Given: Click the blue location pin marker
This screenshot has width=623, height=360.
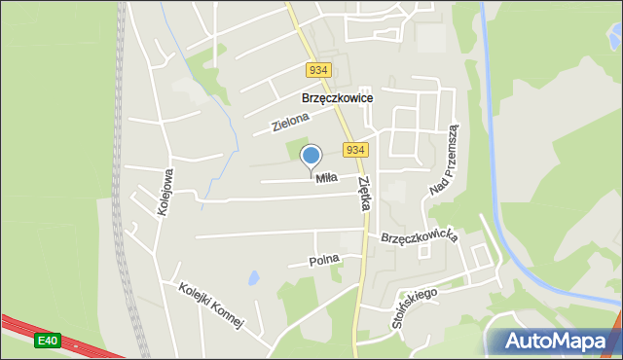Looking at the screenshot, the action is [311, 157].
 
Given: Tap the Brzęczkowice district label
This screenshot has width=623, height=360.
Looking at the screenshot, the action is [338, 98].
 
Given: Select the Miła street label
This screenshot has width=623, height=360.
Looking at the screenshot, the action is [325, 177].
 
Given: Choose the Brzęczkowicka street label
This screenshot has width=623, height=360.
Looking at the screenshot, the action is [419, 236].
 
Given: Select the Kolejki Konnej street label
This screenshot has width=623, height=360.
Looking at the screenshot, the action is [209, 306].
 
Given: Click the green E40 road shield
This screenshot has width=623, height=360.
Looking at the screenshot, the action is [47, 341].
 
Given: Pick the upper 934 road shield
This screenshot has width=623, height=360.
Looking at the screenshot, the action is [318, 70].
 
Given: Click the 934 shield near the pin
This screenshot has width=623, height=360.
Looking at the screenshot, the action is [356, 150].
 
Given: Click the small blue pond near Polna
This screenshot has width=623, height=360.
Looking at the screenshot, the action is [253, 279].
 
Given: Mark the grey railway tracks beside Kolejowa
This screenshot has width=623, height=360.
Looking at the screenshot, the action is [123, 195].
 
